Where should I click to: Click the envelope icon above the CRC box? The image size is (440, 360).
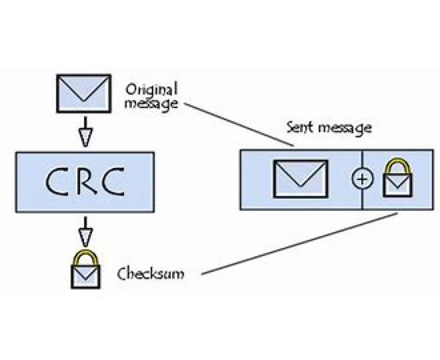point(83,93)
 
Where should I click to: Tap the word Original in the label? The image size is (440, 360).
point(151,90)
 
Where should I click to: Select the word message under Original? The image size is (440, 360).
point(151,103)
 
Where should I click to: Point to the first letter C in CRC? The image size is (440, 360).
point(56,182)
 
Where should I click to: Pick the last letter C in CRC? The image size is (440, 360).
point(113,182)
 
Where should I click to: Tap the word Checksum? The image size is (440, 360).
point(150,274)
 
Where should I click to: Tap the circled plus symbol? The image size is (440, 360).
point(362,179)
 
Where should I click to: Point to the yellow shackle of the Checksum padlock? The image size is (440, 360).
point(85,255)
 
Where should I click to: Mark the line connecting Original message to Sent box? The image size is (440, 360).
point(238,125)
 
